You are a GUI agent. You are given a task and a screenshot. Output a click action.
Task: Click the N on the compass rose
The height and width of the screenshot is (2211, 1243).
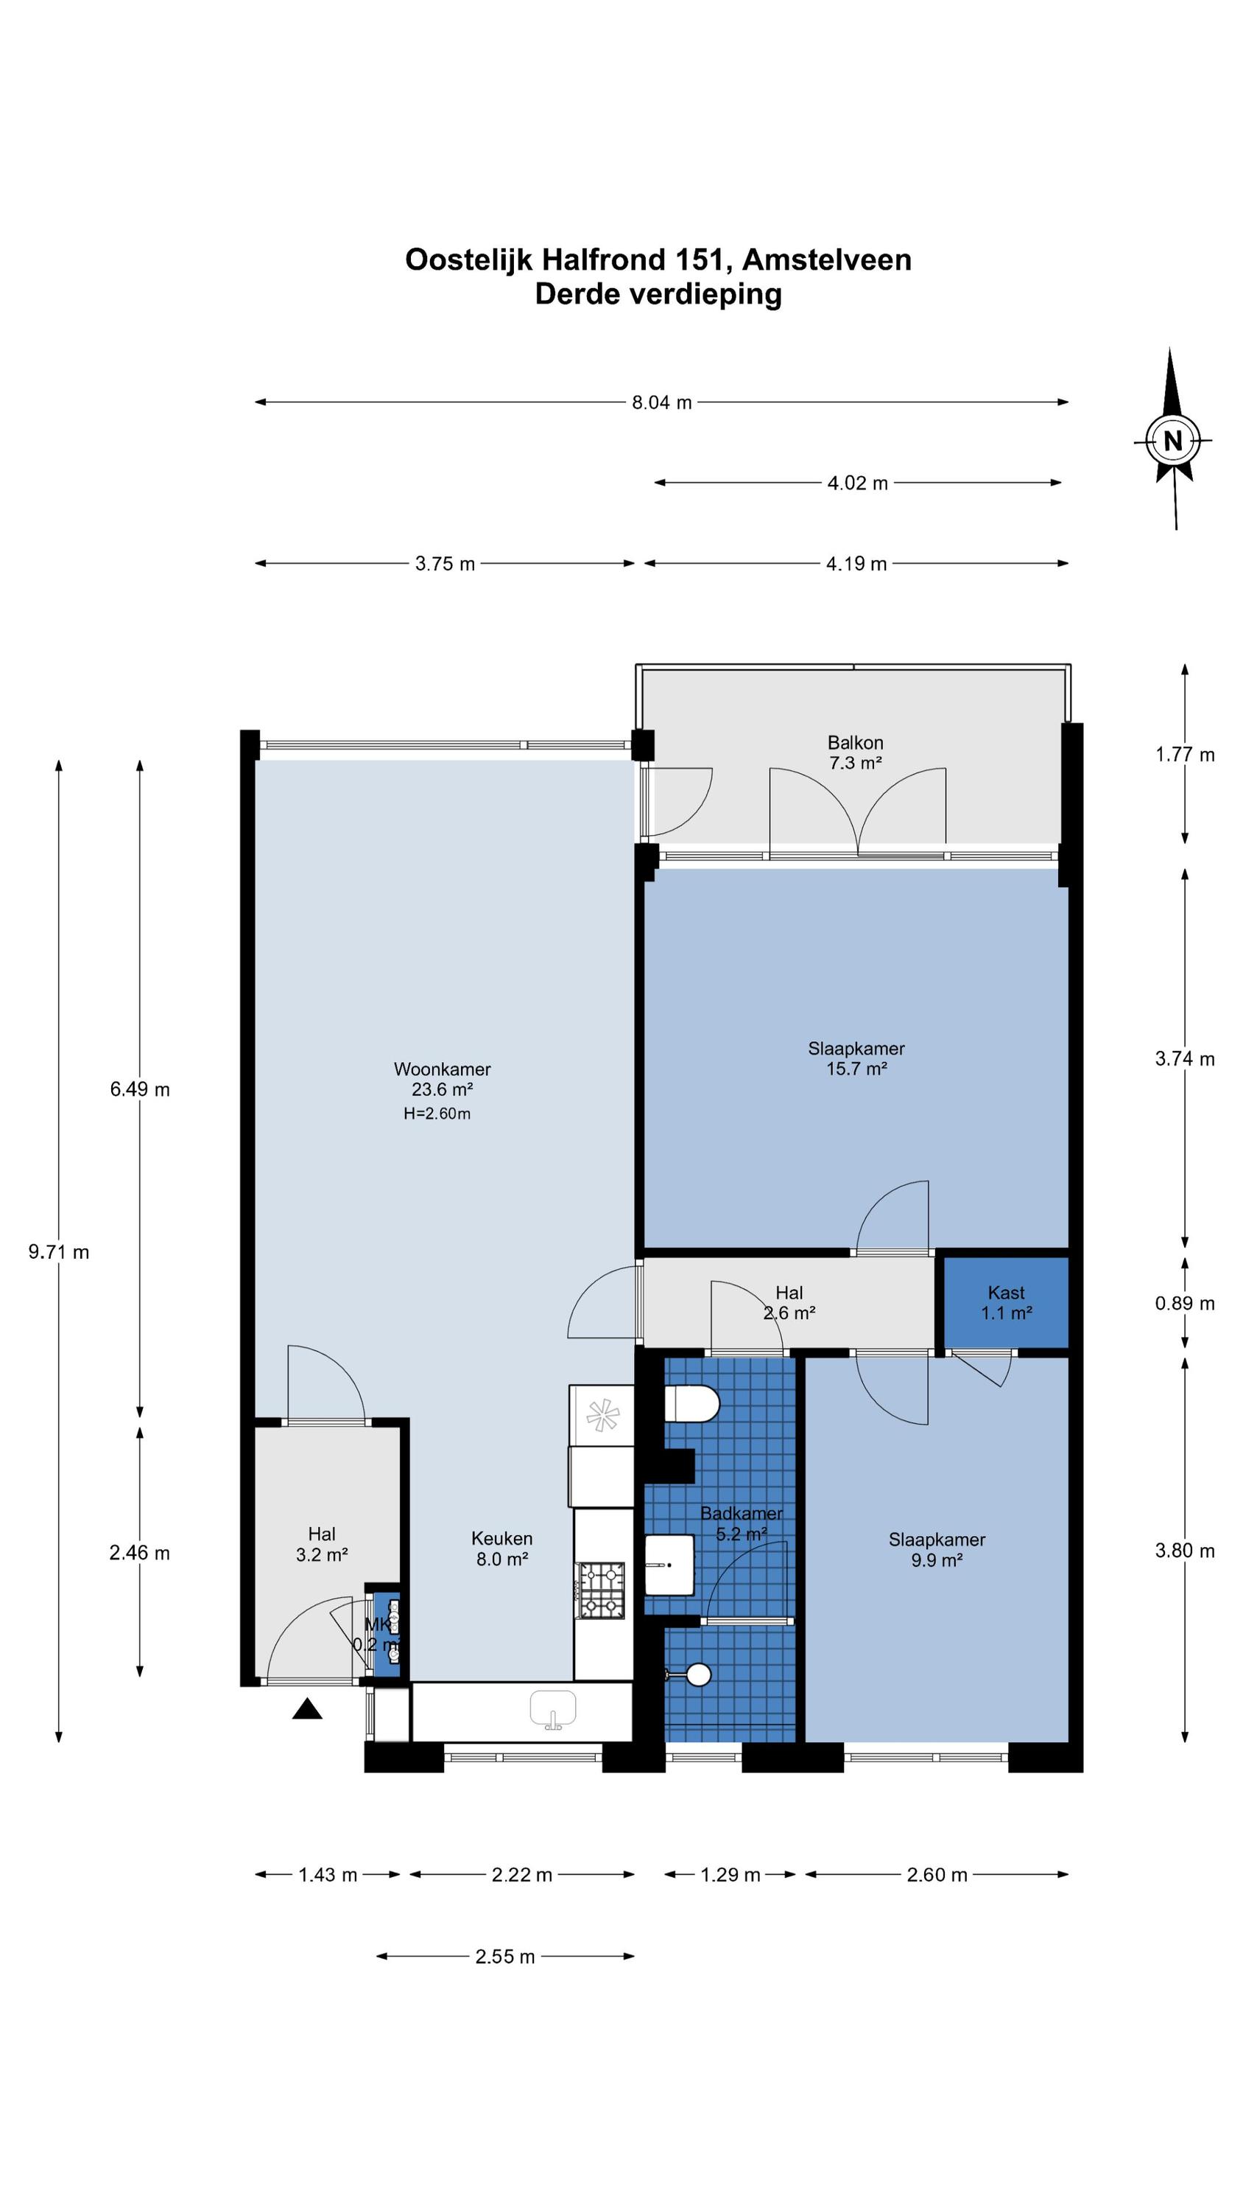(1172, 440)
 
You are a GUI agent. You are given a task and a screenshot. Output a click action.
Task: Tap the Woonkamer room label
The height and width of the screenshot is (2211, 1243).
(442, 1069)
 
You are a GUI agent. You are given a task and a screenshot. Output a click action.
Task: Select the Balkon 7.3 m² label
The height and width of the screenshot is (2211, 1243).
(855, 752)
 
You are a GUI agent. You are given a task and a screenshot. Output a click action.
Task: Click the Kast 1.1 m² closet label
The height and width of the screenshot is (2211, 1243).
(1006, 1302)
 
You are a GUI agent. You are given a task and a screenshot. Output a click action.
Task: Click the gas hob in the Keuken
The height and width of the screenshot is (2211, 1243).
(602, 1590)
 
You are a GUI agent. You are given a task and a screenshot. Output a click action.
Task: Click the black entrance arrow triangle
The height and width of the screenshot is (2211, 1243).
(307, 1709)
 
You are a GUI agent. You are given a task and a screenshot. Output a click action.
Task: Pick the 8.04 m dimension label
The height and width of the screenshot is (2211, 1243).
(661, 402)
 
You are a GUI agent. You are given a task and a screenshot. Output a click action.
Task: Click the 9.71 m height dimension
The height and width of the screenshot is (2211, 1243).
(58, 1252)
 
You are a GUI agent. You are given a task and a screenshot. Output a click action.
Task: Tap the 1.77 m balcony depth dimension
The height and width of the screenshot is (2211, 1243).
(1185, 755)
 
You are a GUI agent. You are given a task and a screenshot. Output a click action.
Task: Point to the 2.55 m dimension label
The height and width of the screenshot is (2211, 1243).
(505, 1956)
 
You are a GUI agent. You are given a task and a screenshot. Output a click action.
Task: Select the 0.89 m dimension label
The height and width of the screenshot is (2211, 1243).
(1185, 1303)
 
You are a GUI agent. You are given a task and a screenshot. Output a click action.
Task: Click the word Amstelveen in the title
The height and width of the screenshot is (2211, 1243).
(826, 259)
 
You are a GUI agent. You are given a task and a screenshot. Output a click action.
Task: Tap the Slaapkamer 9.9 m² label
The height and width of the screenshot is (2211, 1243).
(937, 1549)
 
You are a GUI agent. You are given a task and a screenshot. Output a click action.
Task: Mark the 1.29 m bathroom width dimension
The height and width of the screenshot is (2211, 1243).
(730, 1874)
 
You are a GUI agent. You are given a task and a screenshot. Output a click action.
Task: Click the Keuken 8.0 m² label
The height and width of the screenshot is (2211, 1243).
(501, 1548)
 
